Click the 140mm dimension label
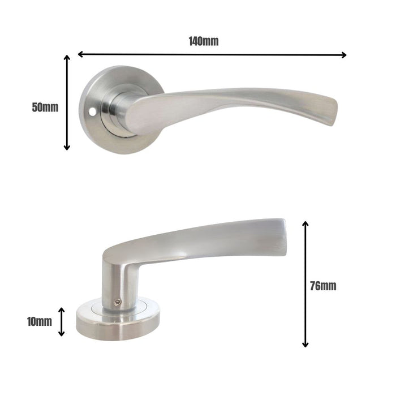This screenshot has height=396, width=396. pyautogui.click(x=204, y=41)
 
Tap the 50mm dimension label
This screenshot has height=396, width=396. pyautogui.click(x=45, y=107)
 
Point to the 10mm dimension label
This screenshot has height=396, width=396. pyautogui.click(x=39, y=322)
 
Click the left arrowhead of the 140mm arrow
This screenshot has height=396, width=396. pyautogui.click(x=80, y=54)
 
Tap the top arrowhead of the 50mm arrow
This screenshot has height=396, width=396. pyautogui.click(x=67, y=58)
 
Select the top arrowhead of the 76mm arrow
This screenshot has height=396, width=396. pyautogui.click(x=305, y=224)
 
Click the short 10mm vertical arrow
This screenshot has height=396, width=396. pyautogui.click(x=62, y=321)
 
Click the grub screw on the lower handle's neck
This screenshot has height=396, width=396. pyautogui.click(x=117, y=303)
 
